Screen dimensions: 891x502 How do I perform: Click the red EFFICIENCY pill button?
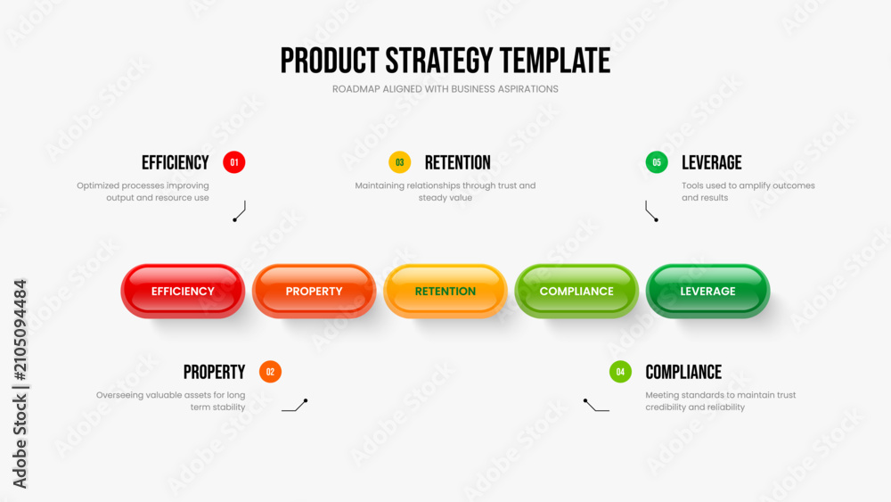[x=183, y=291]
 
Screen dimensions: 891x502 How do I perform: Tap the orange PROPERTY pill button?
[x=314, y=291]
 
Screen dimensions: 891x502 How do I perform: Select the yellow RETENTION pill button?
[x=445, y=291]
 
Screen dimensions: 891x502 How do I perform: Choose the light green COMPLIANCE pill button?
[x=576, y=291]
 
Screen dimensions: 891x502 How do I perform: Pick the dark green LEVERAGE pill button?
[x=707, y=291]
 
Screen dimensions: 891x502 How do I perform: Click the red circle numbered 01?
[x=234, y=162]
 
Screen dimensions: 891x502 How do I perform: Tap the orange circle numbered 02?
[x=271, y=372]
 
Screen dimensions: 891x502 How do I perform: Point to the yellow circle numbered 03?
[x=399, y=162]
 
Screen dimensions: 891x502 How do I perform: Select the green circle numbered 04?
[x=620, y=372]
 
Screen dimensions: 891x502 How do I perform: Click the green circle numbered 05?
[x=657, y=162]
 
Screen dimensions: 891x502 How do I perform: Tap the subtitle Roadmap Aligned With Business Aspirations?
[x=445, y=89]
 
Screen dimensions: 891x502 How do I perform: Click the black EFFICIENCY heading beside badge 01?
[x=175, y=162]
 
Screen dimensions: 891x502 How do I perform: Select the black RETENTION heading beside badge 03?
[x=457, y=162]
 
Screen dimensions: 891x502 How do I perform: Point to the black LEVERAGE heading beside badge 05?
[x=711, y=162]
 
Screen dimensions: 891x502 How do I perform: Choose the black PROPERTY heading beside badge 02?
[x=214, y=373]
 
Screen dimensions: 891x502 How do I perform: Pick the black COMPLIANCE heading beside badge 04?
[x=683, y=373]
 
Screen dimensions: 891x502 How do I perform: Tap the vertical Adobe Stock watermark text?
[x=20, y=383]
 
